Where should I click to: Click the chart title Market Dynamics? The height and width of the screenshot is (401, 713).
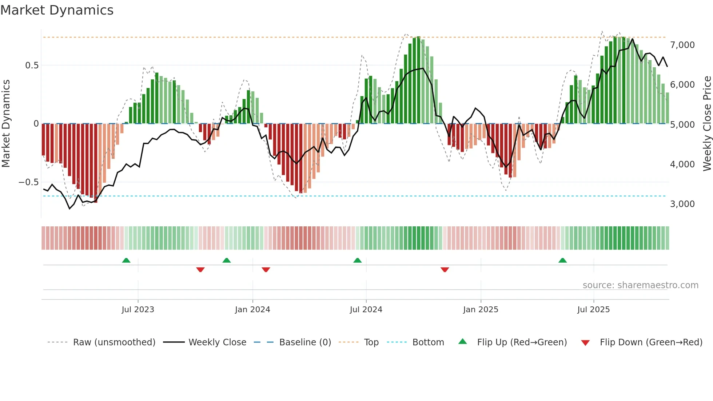[57, 10]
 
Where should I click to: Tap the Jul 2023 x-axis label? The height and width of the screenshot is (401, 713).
[138, 310]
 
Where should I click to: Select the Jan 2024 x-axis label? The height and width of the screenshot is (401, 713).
[252, 310]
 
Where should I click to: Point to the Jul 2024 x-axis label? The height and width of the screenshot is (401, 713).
[366, 310]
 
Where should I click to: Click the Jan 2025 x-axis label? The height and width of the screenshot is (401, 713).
[481, 310]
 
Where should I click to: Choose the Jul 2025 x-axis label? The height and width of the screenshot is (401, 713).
[593, 310]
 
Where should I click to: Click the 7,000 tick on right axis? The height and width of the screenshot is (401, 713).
[682, 45]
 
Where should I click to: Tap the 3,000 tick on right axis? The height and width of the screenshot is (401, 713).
[682, 204]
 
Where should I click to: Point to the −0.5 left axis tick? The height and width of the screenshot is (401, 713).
[29, 182]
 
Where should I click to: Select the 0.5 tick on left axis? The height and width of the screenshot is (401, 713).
[32, 65]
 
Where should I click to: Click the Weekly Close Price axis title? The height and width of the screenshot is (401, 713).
[707, 124]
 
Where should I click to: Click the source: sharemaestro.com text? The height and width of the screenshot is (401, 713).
[640, 285]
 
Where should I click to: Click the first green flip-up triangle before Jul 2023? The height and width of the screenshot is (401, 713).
[126, 261]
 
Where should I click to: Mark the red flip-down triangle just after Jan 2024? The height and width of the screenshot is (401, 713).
[266, 270]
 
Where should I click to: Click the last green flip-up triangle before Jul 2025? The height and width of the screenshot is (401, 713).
[562, 261]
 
